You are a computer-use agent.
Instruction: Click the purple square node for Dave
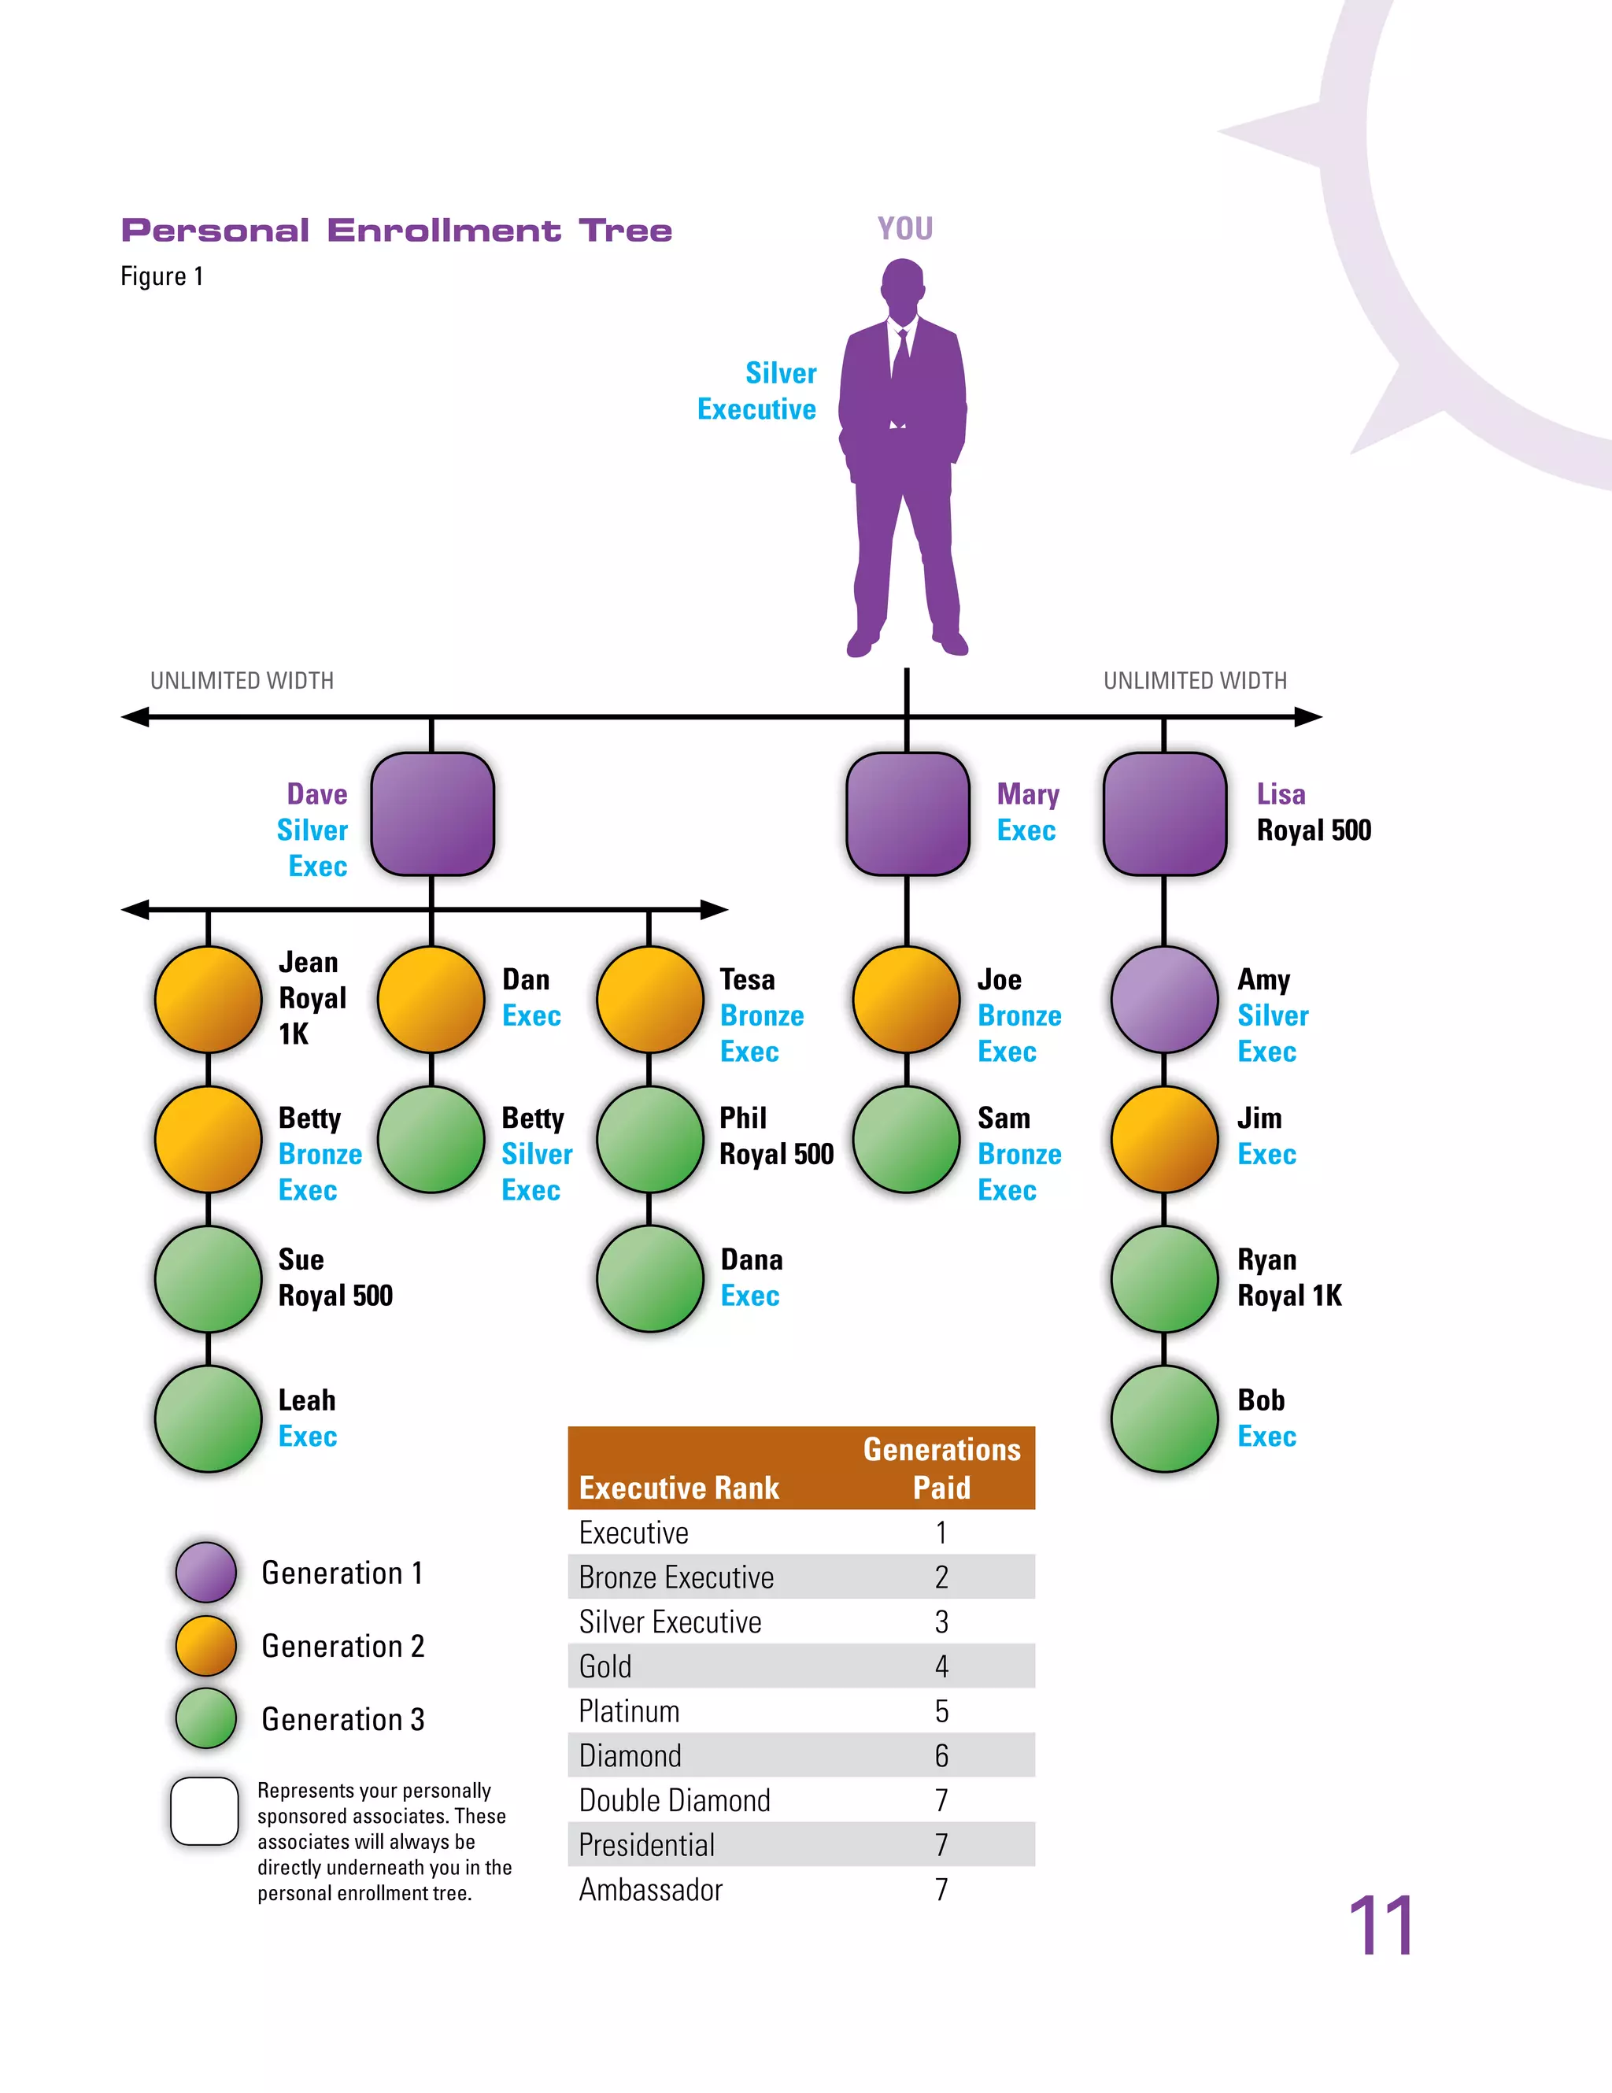(x=432, y=814)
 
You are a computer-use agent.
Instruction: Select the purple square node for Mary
(x=907, y=814)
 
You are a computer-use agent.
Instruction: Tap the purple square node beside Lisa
(x=1164, y=814)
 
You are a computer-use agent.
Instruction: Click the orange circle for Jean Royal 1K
(x=208, y=999)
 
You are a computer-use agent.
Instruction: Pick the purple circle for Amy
(x=1164, y=999)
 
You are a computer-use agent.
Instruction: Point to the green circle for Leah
(x=208, y=1418)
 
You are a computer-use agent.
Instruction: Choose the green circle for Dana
(x=650, y=1278)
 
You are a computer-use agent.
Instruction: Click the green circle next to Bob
(x=1164, y=1418)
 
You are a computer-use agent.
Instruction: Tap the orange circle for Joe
(x=907, y=999)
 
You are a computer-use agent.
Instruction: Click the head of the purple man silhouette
(x=903, y=286)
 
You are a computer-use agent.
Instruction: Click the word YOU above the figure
(x=904, y=228)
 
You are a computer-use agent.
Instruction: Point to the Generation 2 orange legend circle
(x=206, y=1645)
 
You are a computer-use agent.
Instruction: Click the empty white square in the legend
(x=204, y=1811)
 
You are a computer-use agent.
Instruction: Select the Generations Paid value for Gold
(x=941, y=1666)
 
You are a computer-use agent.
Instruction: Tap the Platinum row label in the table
(x=629, y=1710)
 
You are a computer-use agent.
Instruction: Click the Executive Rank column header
(x=678, y=1488)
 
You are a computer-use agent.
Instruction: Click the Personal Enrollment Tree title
(x=397, y=231)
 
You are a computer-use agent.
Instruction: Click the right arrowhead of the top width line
(x=1309, y=717)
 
